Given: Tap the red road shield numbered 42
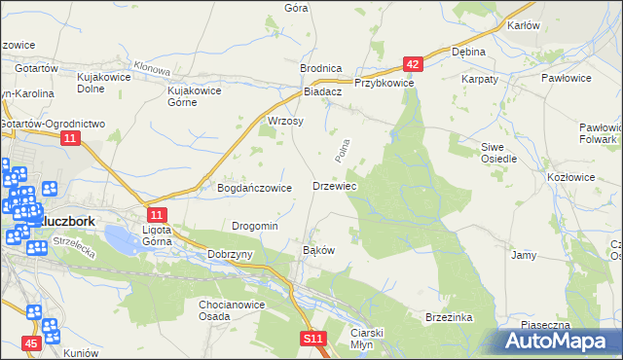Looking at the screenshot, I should (x=413, y=65).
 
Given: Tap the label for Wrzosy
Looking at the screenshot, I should (x=285, y=122).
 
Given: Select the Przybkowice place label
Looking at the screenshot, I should (x=385, y=84).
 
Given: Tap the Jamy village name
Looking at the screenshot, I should (x=524, y=255).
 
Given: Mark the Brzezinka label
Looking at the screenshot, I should (x=449, y=317).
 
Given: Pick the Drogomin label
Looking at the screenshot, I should (x=255, y=226).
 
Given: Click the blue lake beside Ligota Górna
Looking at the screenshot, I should (x=119, y=236).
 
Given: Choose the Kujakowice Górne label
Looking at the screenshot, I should (x=196, y=96).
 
